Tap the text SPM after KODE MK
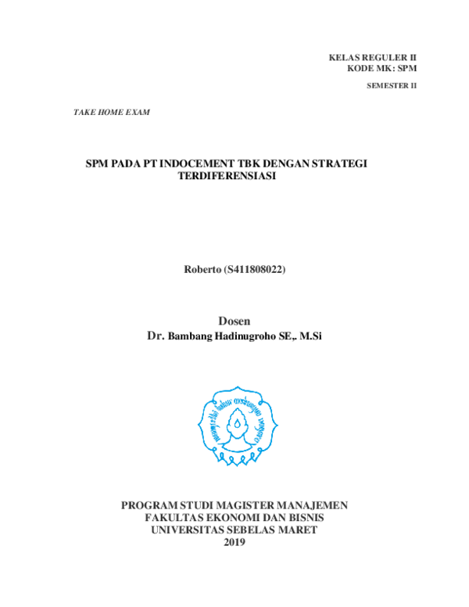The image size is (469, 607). (407, 69)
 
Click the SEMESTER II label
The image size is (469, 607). (392, 86)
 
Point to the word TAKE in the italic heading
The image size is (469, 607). (83, 113)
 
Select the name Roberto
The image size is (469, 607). (202, 270)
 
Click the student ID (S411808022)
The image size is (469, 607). (255, 270)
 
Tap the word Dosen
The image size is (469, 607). (234, 321)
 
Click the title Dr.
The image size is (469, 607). (156, 336)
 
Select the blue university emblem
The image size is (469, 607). (237, 425)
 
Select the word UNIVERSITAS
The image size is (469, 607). (185, 530)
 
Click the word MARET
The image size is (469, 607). (298, 530)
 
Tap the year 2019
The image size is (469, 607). (234, 543)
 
